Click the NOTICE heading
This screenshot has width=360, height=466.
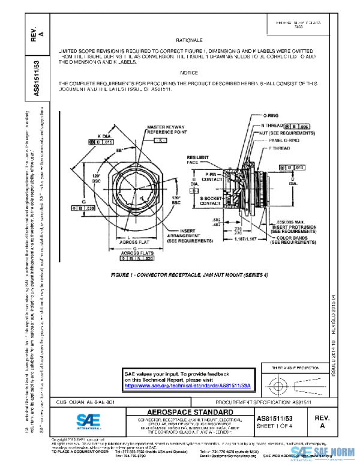tap(188, 73)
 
